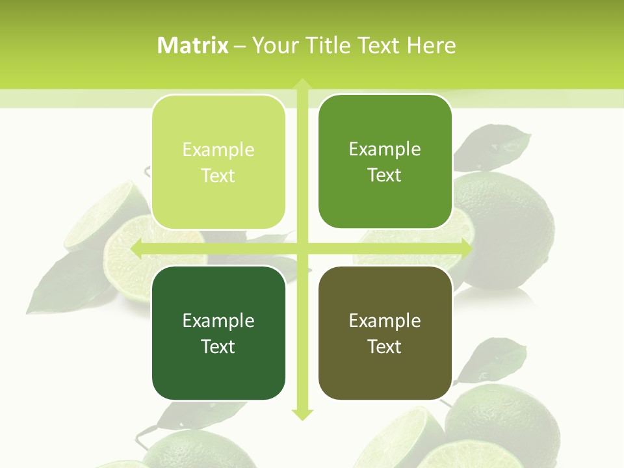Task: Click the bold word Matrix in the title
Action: (193, 45)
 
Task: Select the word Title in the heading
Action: (333, 45)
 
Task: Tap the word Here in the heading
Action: (432, 45)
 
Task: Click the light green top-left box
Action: (218, 162)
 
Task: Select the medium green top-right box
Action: (385, 162)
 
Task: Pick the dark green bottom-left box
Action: (218, 333)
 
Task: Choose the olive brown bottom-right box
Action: (385, 333)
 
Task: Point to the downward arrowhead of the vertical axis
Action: (302, 414)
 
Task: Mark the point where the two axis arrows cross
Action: (302, 249)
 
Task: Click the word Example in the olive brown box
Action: (385, 320)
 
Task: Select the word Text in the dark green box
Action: (218, 346)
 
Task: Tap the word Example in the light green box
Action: (218, 150)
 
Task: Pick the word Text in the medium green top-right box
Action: (385, 175)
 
